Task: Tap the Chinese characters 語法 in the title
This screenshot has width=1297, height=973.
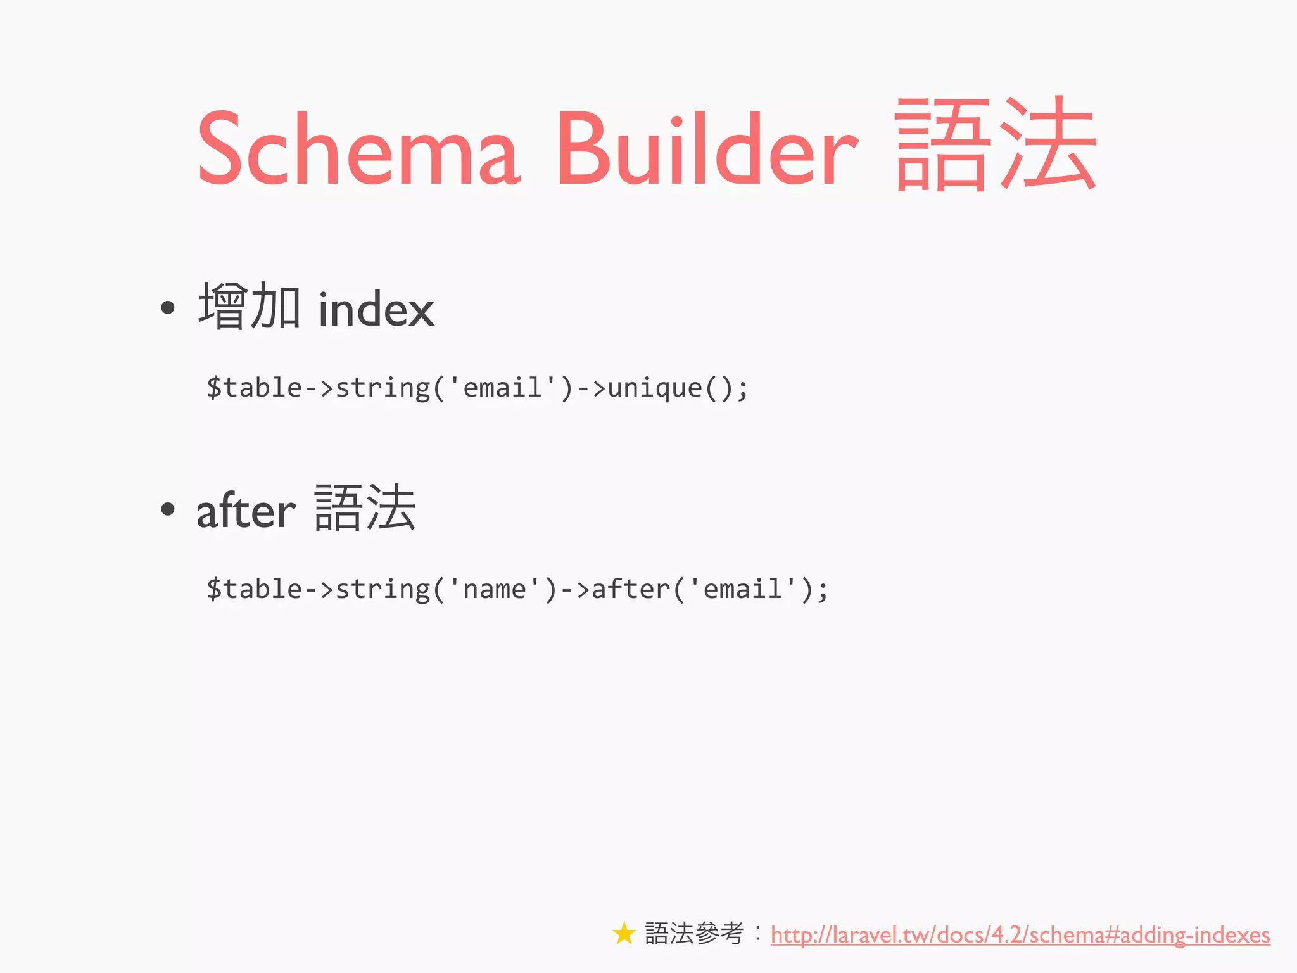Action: [x=996, y=144]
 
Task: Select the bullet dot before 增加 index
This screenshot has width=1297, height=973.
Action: [x=167, y=308]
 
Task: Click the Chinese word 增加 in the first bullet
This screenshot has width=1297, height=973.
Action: [x=249, y=307]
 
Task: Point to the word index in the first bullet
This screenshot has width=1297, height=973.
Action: [x=376, y=310]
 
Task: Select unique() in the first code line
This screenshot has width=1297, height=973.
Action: [x=662, y=388]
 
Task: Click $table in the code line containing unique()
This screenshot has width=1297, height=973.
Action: [x=254, y=388]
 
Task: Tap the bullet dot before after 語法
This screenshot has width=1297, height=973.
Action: [x=167, y=509]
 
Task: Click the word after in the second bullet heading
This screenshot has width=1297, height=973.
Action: [x=246, y=511]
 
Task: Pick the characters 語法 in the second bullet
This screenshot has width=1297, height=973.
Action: [x=365, y=508]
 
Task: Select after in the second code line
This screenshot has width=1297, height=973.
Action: [x=631, y=589]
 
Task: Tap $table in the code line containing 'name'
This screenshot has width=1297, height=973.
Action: [x=254, y=589]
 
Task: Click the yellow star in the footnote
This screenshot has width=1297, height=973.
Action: [x=624, y=934]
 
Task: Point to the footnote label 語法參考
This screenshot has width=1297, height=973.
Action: [x=694, y=934]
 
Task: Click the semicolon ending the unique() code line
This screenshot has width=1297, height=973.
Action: [x=743, y=389]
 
